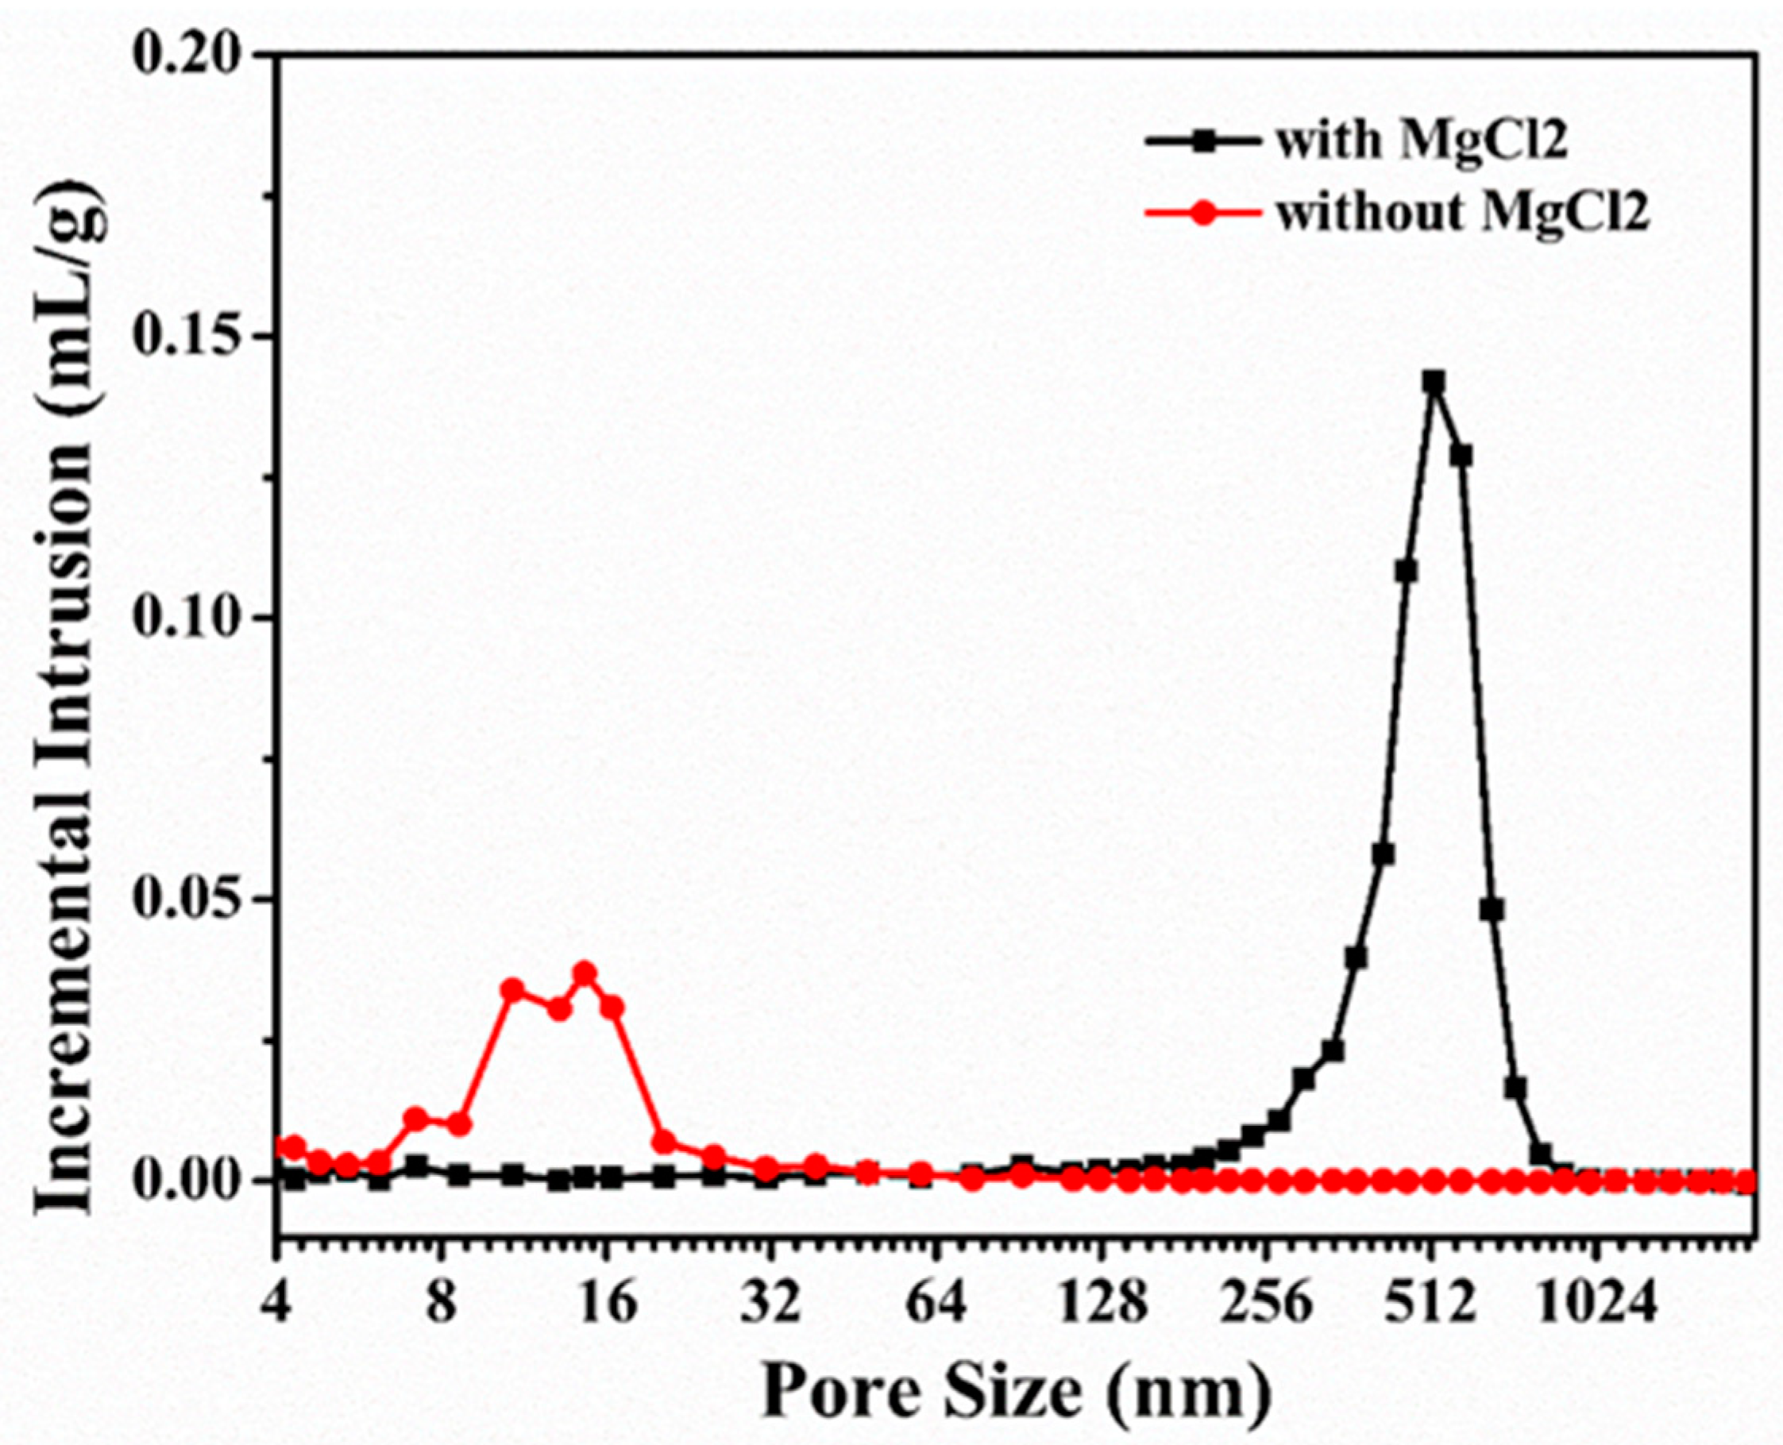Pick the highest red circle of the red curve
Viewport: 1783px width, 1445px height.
[585, 973]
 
